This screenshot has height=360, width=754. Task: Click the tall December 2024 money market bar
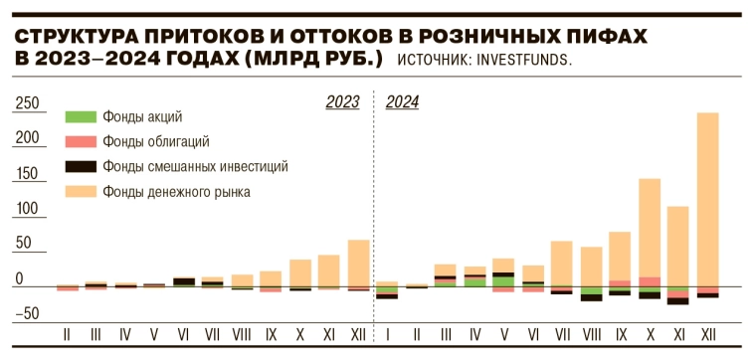(707, 199)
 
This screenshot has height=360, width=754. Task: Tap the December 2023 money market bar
(358, 263)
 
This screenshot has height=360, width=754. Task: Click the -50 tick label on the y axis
(26, 313)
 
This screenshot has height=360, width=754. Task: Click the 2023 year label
(342, 101)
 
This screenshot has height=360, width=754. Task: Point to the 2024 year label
(402, 101)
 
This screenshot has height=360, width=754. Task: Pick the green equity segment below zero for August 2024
(591, 290)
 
